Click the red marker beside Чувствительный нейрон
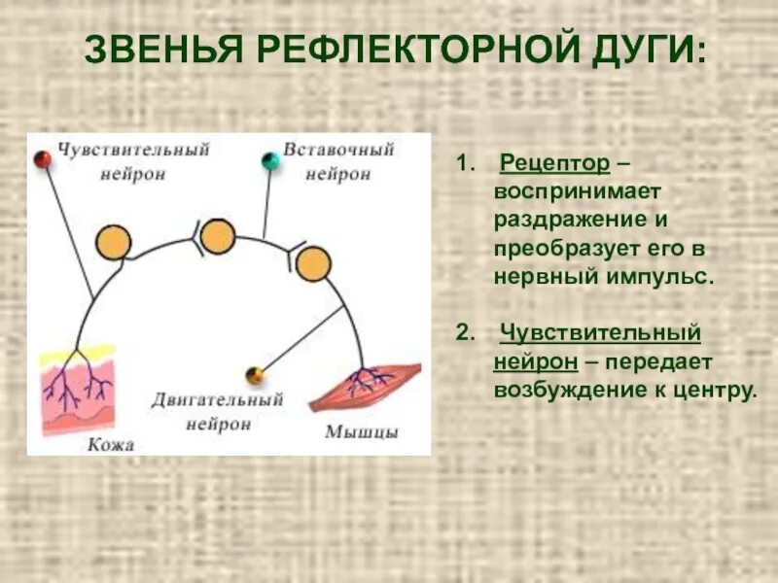pyautogui.click(x=43, y=158)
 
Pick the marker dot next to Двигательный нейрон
pyautogui.click(x=255, y=375)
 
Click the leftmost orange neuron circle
pyautogui.click(x=115, y=240)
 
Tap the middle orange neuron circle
pyautogui.click(x=218, y=235)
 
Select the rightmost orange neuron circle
pyautogui.click(x=313, y=263)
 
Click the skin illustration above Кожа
pyautogui.click(x=77, y=388)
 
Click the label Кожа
pyautogui.click(x=109, y=444)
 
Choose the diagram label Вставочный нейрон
pyautogui.click(x=338, y=162)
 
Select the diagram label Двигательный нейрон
pyautogui.click(x=218, y=412)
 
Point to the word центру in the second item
pyautogui.click(x=717, y=390)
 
